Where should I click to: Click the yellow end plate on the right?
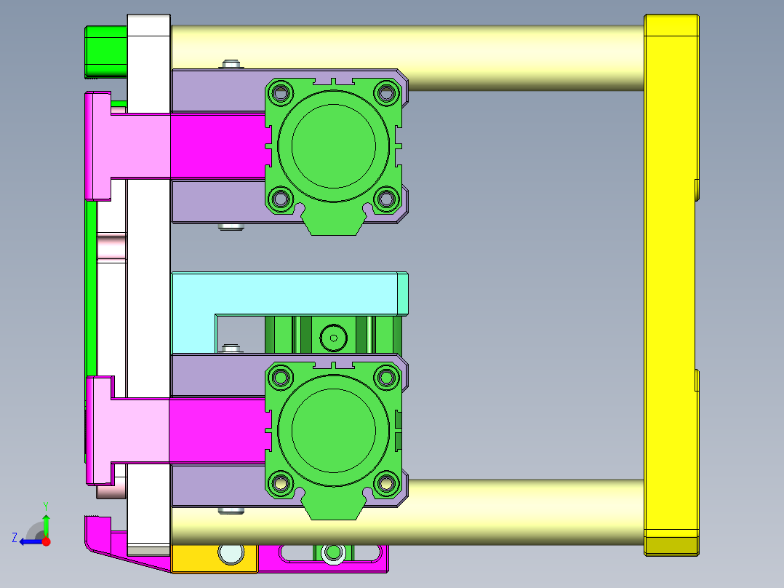tap(671, 284)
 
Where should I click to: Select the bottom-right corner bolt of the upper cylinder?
tap(387, 197)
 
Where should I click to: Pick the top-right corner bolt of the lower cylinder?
tap(387, 377)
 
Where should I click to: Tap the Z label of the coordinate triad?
tap(15, 538)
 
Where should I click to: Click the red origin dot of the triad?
tap(46, 541)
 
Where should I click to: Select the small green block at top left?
tap(105, 51)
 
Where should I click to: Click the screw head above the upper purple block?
tap(231, 65)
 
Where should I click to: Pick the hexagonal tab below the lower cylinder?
tap(334, 509)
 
